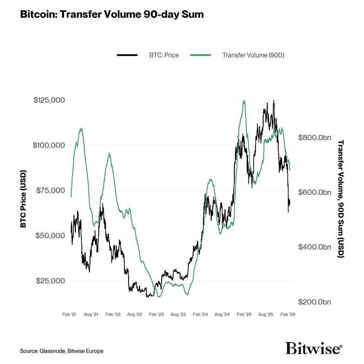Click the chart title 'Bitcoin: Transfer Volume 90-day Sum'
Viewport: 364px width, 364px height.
(x=112, y=15)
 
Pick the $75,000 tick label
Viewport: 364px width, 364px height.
(x=49, y=190)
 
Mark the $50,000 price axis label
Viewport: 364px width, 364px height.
(x=49, y=235)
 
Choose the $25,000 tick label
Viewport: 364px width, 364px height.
(x=49, y=280)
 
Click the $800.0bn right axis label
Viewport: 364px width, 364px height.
(x=315, y=138)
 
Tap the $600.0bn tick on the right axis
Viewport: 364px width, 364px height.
(x=315, y=193)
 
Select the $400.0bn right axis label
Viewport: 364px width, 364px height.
(x=315, y=247)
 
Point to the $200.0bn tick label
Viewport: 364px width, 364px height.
(x=315, y=302)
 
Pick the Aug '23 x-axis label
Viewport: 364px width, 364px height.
(x=178, y=314)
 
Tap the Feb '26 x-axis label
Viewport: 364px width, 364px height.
(x=288, y=314)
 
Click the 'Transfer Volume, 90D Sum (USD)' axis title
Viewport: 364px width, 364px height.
(x=341, y=199)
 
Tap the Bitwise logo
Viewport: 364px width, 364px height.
(x=314, y=348)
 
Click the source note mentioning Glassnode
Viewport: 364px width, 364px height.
(x=61, y=350)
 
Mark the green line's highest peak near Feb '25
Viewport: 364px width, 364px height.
(x=244, y=101)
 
